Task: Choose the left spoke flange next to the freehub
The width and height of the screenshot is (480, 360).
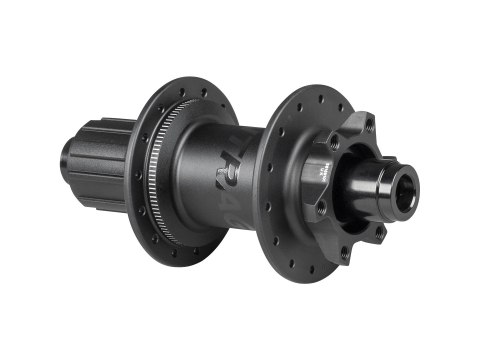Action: (160, 160)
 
